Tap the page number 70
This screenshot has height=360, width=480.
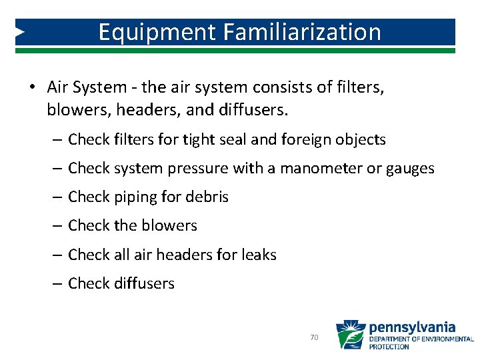315,338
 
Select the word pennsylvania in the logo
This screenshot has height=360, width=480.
413,327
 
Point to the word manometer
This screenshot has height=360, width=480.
317,169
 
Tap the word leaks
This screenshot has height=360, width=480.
261,255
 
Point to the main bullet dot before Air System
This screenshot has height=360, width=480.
31,88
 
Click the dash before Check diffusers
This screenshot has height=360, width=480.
57,284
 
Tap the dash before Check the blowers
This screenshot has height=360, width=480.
57,226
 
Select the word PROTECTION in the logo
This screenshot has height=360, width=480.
390,347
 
